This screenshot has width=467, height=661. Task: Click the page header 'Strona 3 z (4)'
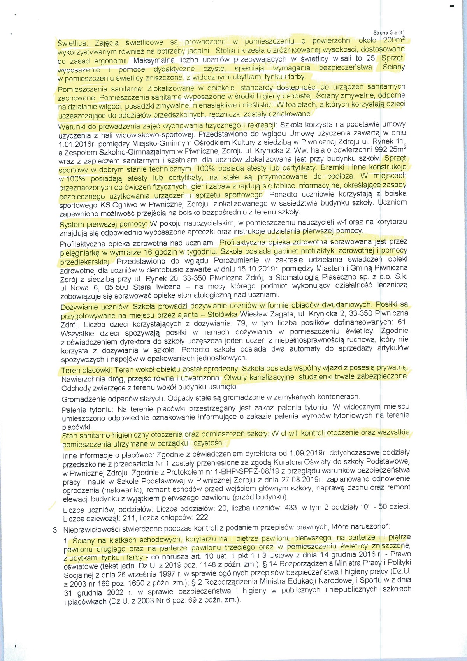pyautogui.click(x=389, y=33)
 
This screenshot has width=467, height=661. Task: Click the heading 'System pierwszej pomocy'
pyautogui.click(x=103, y=224)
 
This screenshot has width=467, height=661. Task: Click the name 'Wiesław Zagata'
pyautogui.click(x=267, y=314)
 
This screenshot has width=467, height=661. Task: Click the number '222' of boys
pyautogui.click(x=202, y=517)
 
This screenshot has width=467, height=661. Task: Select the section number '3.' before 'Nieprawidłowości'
pyautogui.click(x=56, y=530)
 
